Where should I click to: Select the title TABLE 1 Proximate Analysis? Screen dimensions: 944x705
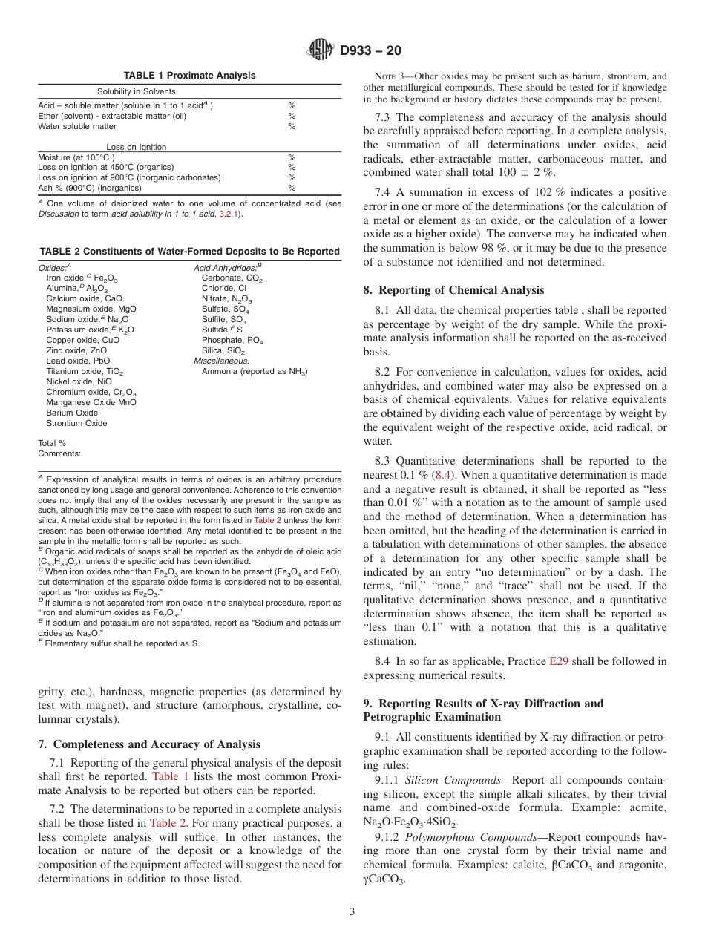(189, 76)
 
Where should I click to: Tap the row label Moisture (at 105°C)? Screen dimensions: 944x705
(76, 157)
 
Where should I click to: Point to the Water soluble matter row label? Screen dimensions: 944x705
(77, 126)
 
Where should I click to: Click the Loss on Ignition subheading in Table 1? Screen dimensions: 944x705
(136, 147)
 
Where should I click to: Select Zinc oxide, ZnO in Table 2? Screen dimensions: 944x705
(76, 350)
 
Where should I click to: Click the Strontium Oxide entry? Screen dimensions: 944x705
(76, 423)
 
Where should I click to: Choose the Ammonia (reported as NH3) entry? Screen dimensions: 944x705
(255, 371)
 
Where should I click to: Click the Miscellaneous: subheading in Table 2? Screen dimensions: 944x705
(221, 361)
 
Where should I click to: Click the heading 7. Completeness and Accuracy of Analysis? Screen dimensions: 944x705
(149, 744)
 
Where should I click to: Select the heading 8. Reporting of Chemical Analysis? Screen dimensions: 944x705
(453, 290)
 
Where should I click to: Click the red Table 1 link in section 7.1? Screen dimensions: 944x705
(170, 776)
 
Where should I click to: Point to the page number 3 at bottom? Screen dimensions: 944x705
(352, 911)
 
